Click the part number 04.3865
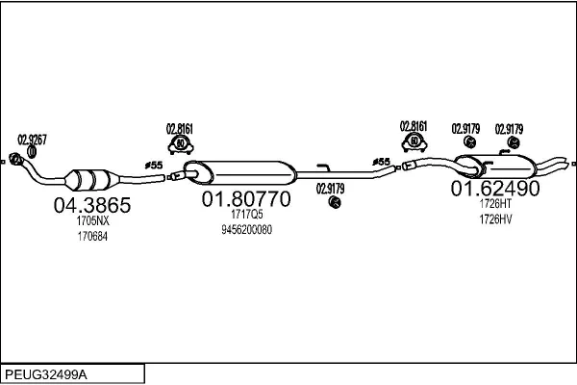point(92,205)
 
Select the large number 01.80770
point(246,199)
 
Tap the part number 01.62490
point(495,189)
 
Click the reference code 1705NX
point(92,220)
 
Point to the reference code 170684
point(92,236)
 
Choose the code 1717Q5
point(247,214)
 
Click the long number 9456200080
point(246,230)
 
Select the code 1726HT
point(495,203)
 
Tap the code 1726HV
point(495,219)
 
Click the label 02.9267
point(32,140)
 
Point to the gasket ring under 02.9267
point(32,152)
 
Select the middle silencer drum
point(239,172)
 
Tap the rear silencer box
point(495,167)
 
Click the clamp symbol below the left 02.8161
point(181,144)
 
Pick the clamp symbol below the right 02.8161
point(414,142)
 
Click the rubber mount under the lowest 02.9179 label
point(335,202)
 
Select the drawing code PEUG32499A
point(46,374)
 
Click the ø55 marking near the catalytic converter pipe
point(154,166)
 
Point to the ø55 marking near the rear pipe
point(381,162)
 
